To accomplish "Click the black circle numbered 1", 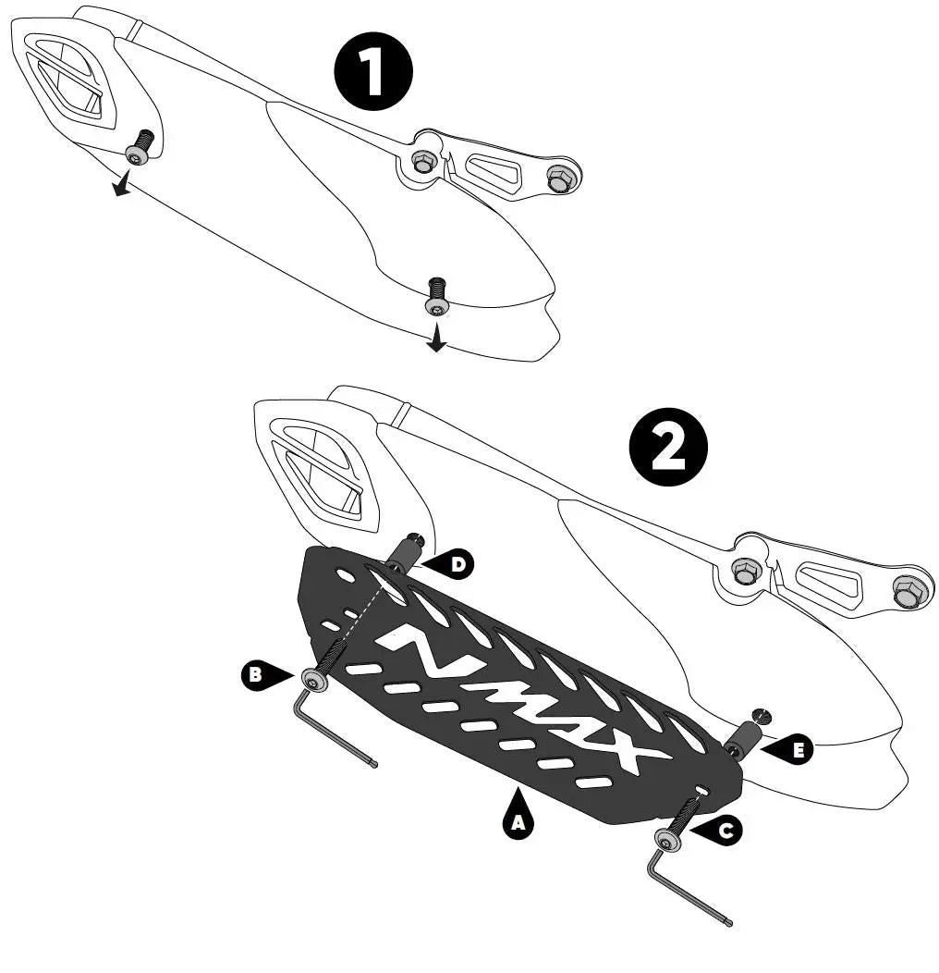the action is (x=372, y=72).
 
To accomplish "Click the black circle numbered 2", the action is (x=668, y=447).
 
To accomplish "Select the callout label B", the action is (x=261, y=674).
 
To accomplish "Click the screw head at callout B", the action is (x=315, y=680).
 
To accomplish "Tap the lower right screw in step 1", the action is (x=435, y=297).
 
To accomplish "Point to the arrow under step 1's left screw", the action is (x=122, y=184).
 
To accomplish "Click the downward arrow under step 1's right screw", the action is (x=436, y=337).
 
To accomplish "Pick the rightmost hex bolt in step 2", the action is (x=906, y=593).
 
